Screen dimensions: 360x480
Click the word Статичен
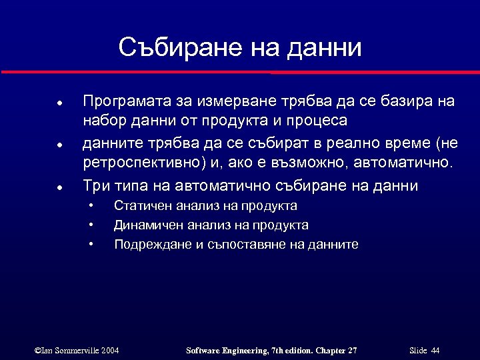point(139,206)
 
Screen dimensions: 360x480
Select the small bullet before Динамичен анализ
point(91,225)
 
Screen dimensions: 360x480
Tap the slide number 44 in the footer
point(435,350)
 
